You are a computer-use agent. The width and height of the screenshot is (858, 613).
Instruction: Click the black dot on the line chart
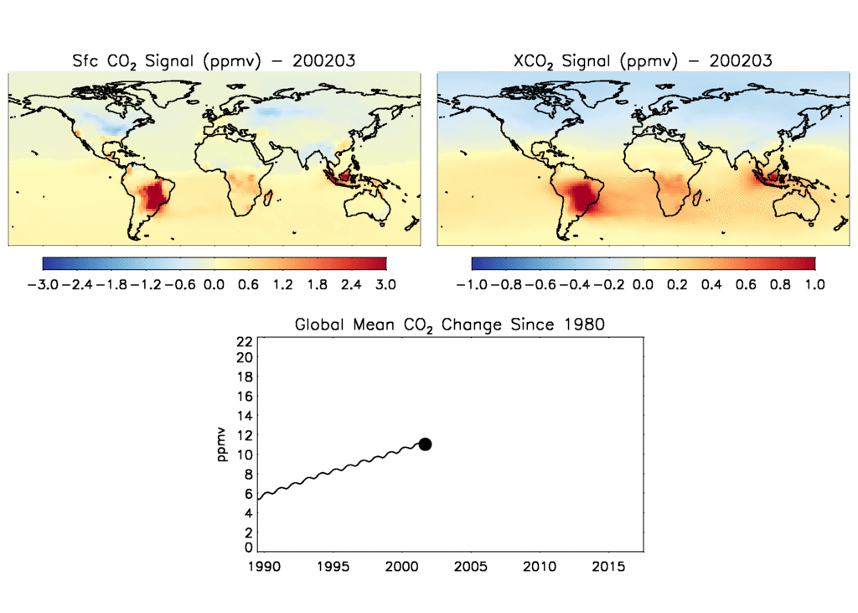(x=425, y=444)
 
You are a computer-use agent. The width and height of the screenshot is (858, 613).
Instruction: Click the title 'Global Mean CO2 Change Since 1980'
(x=449, y=325)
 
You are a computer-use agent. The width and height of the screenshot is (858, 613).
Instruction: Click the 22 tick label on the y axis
(x=245, y=340)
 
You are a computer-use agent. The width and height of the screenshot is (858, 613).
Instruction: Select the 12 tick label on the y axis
(x=245, y=435)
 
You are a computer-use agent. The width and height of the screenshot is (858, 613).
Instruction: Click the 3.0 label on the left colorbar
(x=385, y=284)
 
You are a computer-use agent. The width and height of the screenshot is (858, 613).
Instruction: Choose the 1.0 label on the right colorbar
(x=814, y=284)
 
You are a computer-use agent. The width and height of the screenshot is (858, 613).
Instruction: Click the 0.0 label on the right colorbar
(x=643, y=284)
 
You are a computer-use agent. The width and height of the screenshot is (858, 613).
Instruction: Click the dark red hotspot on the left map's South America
(x=155, y=196)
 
